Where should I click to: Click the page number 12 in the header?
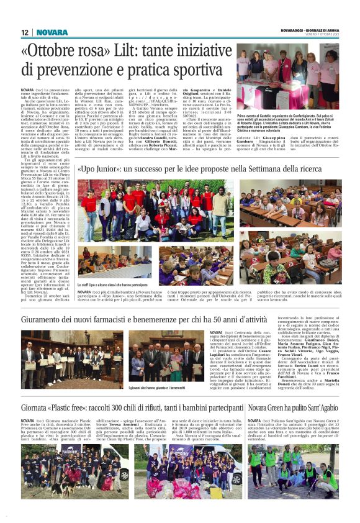click(25, 32)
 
